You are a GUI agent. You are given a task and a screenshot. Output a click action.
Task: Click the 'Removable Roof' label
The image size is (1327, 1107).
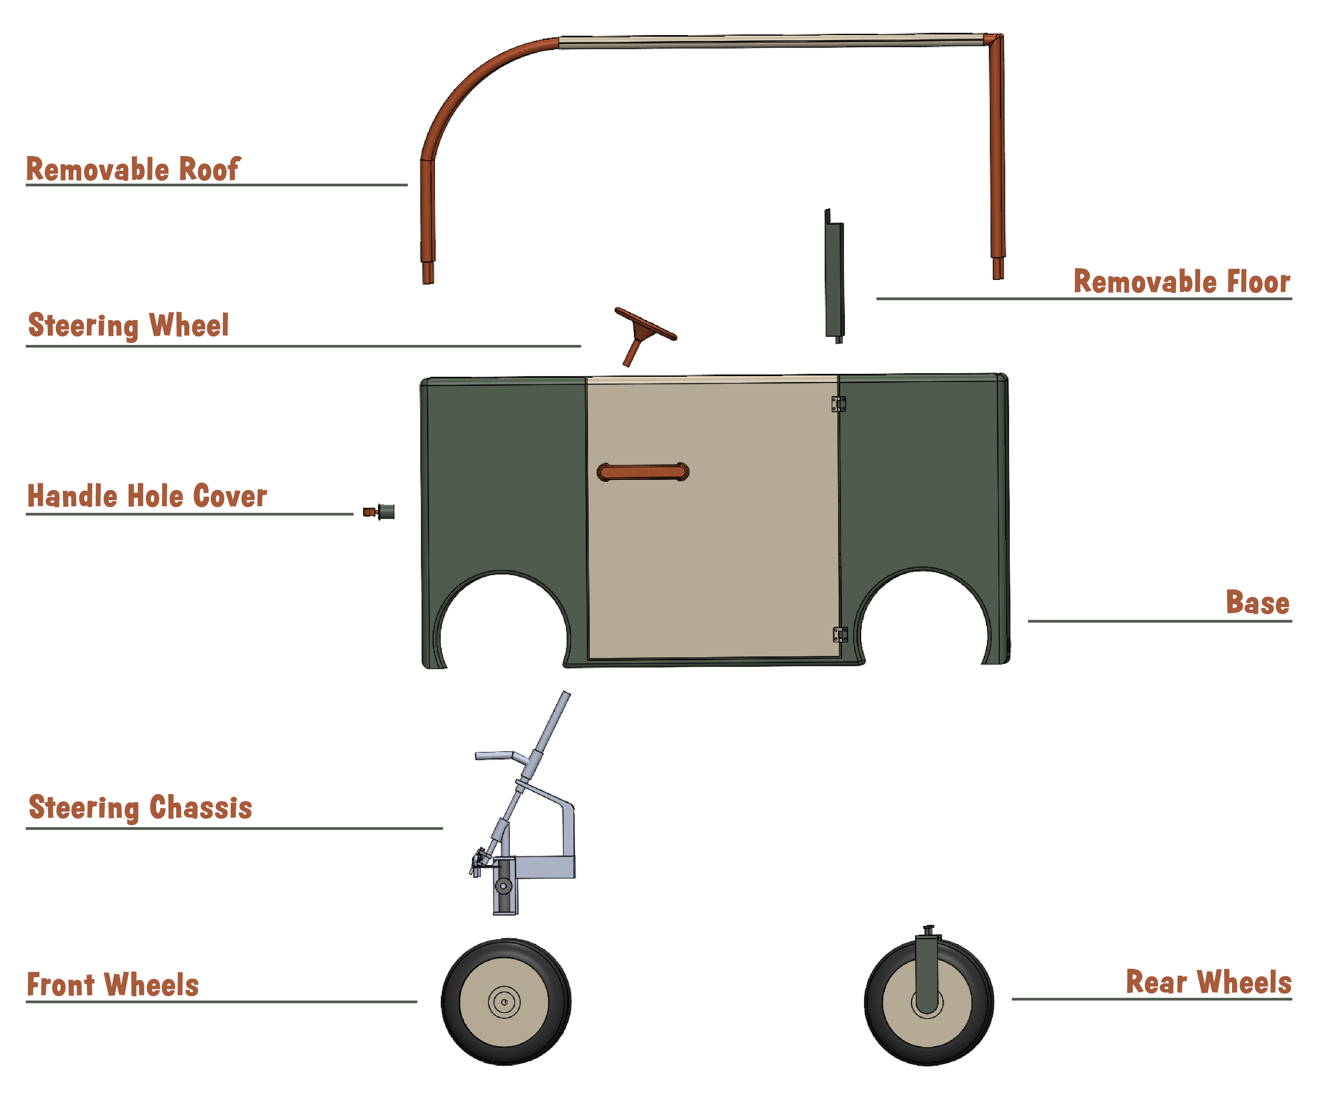click(133, 169)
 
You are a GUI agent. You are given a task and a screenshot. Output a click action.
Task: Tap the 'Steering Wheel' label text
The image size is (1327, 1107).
click(128, 326)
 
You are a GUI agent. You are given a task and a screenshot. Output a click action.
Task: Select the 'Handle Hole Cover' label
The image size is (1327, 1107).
click(147, 496)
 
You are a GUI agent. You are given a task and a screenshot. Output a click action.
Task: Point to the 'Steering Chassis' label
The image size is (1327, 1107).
click(140, 807)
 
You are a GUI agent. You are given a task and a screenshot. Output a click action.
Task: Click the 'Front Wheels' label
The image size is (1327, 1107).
click(112, 984)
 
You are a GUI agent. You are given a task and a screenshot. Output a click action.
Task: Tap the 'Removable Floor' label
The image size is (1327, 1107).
click(1182, 282)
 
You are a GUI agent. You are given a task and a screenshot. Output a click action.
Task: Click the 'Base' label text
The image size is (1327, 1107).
click(1258, 603)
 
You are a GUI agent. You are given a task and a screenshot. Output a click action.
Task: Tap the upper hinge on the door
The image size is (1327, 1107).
click(839, 404)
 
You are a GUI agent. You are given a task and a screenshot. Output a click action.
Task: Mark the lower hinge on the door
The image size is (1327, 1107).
click(840, 635)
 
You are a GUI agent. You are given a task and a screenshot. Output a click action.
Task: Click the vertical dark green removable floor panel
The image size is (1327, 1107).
click(834, 278)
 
